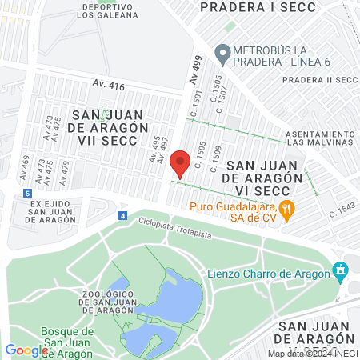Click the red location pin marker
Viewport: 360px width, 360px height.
(x=180, y=162)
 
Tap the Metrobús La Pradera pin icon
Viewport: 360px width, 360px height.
(x=222, y=54)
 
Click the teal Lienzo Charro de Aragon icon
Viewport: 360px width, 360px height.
(x=342, y=270)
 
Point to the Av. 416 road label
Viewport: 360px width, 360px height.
(x=109, y=85)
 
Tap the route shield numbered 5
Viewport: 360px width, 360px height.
(x=27, y=193)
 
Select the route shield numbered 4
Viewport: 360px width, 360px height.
(x=122, y=215)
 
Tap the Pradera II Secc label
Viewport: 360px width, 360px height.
(x=319, y=79)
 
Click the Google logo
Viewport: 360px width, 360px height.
(x=26, y=350)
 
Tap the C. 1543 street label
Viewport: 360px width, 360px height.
(x=342, y=213)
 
